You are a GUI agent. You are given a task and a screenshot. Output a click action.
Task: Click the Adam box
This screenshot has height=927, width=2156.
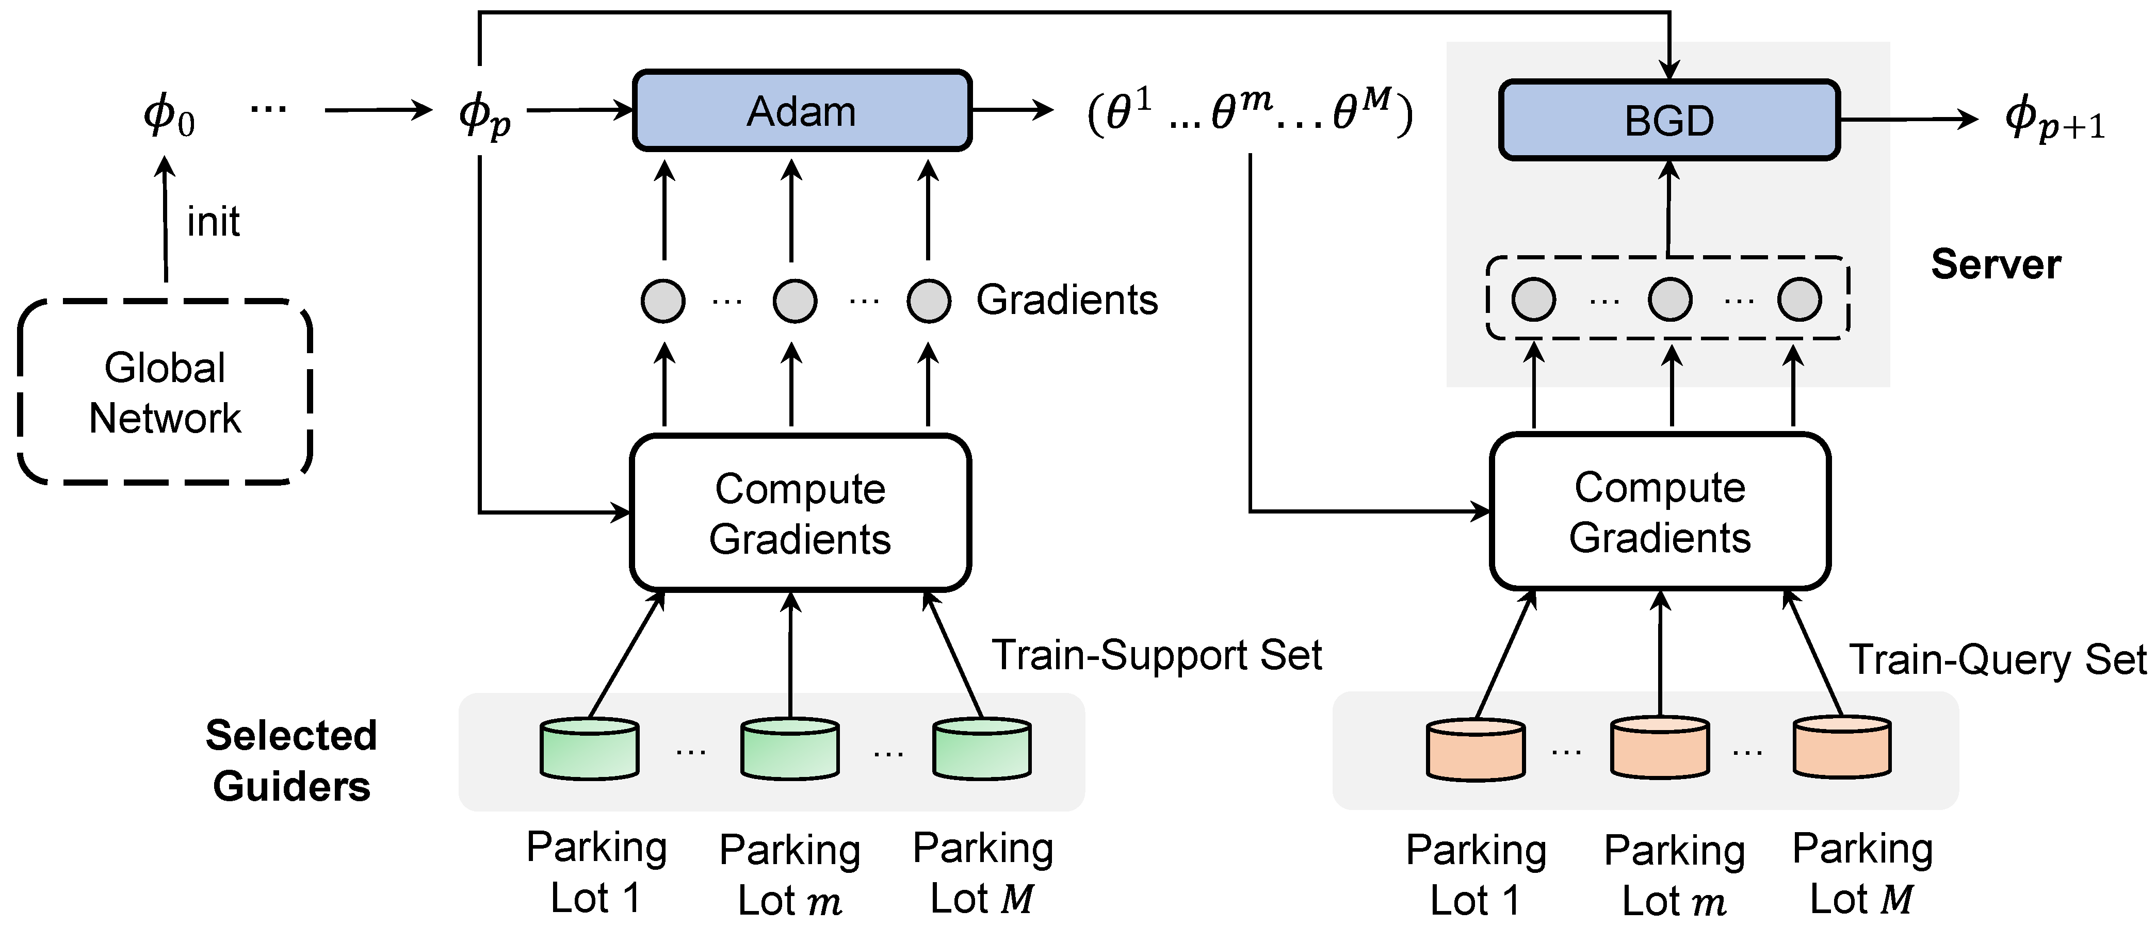[x=802, y=110]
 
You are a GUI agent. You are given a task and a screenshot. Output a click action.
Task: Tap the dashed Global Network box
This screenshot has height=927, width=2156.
[x=165, y=391]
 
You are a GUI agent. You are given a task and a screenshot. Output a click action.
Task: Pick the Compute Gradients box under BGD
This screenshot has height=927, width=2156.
[x=1660, y=511]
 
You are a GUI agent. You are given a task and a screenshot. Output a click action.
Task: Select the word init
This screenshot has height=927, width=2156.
[x=214, y=222]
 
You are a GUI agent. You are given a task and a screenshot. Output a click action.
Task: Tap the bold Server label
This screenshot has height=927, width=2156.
[x=1996, y=264]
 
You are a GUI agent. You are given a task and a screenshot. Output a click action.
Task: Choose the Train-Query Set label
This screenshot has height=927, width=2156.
[x=1997, y=659]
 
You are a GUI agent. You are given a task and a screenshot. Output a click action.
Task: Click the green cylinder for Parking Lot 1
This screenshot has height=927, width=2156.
[x=590, y=749]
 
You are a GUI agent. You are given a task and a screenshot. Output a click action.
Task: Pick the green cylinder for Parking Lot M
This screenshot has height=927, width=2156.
[x=982, y=749]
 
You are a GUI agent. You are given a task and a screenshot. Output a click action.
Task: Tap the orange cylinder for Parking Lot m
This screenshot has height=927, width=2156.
[x=1660, y=747]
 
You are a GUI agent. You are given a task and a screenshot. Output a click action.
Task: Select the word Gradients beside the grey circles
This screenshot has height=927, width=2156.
[x=1066, y=300]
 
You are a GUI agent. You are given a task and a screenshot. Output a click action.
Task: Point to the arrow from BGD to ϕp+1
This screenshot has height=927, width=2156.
[x=1908, y=120]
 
